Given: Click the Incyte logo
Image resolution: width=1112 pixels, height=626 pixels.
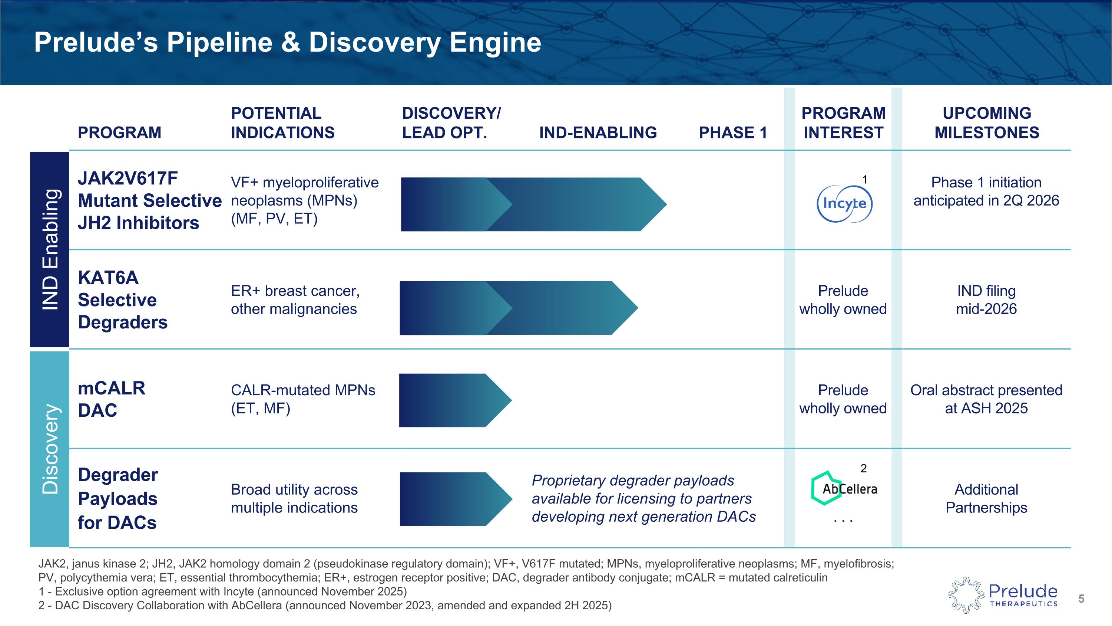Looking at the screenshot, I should [844, 203].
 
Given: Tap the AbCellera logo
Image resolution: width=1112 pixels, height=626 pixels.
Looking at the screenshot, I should [844, 489].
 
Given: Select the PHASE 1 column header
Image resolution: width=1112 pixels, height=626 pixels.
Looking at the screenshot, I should [733, 132].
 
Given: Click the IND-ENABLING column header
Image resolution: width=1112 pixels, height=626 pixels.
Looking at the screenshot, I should [598, 132].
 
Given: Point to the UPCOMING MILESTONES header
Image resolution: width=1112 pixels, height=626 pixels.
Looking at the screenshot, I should [986, 123].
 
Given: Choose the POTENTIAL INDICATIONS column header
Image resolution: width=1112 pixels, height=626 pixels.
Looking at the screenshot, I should [283, 123].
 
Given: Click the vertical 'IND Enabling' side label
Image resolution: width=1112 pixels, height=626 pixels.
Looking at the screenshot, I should [50, 249].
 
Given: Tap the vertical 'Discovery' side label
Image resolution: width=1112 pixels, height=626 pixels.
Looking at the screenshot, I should [50, 449].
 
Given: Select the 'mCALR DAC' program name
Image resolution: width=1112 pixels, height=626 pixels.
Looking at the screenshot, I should [111, 399].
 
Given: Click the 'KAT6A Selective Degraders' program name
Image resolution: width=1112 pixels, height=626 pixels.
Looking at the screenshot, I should [123, 300].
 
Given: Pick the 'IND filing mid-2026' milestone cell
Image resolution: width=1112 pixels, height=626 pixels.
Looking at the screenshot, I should [986, 300].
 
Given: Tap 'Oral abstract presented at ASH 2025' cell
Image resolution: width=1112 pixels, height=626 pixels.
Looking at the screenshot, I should [986, 399].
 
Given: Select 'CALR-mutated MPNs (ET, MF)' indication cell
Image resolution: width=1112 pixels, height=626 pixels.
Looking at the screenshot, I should [302, 399].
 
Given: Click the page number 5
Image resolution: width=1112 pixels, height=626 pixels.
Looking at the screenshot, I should [1081, 599].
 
